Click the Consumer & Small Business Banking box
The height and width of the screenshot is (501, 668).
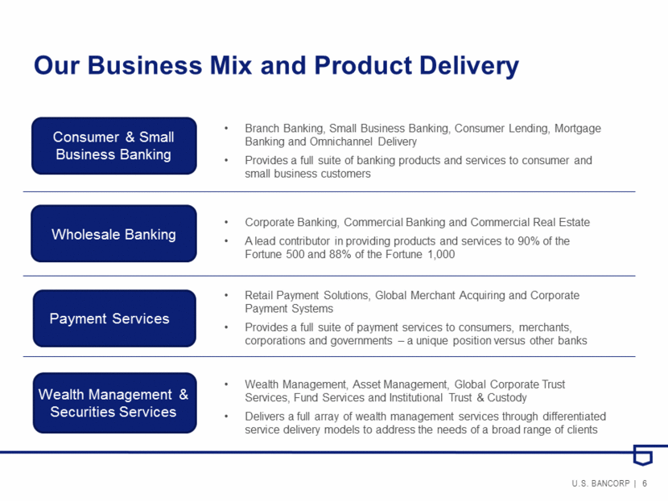(113, 146)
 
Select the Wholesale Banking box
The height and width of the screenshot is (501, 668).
(113, 233)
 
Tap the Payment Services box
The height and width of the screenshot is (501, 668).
(114, 318)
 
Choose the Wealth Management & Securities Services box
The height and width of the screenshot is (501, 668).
(114, 403)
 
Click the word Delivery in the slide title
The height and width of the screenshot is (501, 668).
(469, 66)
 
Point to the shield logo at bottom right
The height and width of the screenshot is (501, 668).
(643, 454)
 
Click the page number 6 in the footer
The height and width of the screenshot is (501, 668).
(645, 483)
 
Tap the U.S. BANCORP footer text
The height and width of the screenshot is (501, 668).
(600, 483)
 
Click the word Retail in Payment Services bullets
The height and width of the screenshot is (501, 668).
(258, 295)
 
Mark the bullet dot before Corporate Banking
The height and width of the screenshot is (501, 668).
(226, 222)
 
